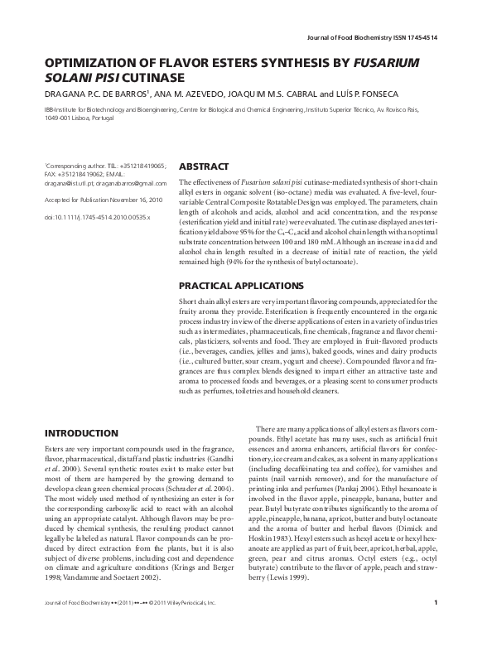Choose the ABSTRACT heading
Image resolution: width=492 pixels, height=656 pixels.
pyautogui.click(x=205, y=166)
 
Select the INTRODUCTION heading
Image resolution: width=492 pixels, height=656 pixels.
pyautogui.click(x=80, y=433)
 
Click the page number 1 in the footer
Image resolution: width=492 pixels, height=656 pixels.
pyautogui.click(x=446, y=626)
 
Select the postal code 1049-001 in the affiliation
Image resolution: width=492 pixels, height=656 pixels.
pyautogui.click(x=59, y=118)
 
